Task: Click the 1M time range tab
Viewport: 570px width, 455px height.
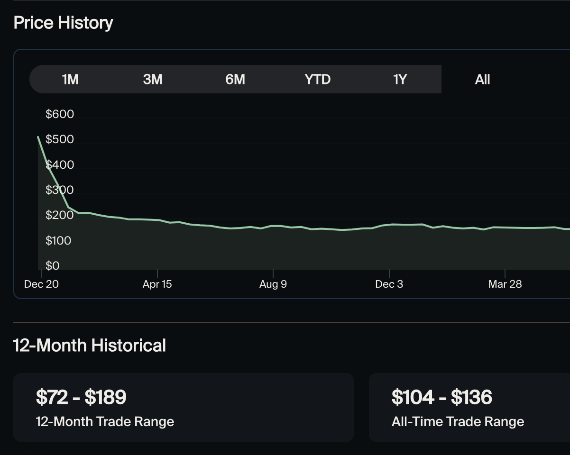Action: tap(70, 79)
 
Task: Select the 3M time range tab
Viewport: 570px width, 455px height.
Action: tap(153, 79)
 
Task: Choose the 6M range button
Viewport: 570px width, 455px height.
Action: tap(235, 79)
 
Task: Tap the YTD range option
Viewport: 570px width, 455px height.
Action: tap(317, 79)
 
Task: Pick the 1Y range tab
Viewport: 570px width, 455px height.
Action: tap(400, 79)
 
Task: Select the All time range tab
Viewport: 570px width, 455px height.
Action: tap(482, 79)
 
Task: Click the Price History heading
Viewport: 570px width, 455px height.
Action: tap(63, 23)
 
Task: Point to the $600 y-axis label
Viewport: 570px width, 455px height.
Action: tap(60, 114)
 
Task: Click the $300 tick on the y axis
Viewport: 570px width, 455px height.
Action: tap(60, 190)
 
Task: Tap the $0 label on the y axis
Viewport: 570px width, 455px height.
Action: tap(53, 266)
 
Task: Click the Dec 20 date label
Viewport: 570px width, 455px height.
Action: tap(41, 284)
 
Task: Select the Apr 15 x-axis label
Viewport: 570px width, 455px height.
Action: tap(157, 284)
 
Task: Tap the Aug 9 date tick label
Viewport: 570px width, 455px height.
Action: tap(273, 284)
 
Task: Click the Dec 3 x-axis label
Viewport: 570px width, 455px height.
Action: tap(389, 284)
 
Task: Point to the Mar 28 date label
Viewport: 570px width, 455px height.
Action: tap(505, 284)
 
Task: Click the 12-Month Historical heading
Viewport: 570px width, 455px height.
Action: tap(90, 346)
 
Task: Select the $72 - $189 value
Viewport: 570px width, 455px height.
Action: tap(81, 397)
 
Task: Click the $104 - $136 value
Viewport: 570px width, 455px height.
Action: tap(441, 397)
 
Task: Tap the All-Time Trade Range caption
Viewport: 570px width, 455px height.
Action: tap(458, 421)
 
